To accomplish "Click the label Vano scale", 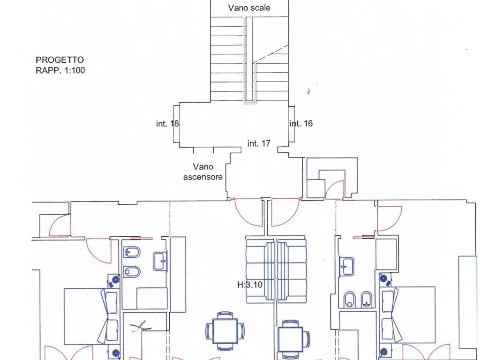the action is coord(249,7).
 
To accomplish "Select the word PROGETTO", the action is coord(60,60).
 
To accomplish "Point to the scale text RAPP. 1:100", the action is coord(60,70).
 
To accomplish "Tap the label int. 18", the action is coord(167,124).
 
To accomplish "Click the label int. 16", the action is coord(301,123).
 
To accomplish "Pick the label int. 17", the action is coord(259,143).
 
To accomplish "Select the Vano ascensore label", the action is coord(203,172).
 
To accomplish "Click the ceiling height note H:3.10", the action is coord(250,285).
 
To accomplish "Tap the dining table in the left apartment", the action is coord(225,331).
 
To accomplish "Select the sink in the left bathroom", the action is coord(160,261).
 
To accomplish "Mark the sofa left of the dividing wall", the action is coord(261,271).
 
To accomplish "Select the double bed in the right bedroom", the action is coord(407,315).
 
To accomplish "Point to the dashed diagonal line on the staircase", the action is coord(270,54).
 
